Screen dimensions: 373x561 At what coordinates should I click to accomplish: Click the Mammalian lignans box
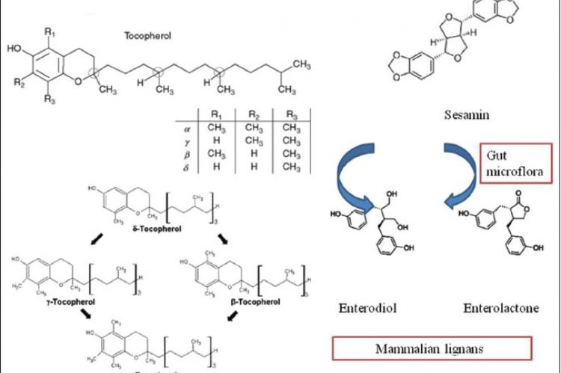[x=432, y=348]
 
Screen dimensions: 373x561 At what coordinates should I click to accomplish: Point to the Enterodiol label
[x=366, y=307]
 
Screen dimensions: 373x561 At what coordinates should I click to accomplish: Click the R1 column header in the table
[x=217, y=114]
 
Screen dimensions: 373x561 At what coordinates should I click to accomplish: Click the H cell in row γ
[x=217, y=141]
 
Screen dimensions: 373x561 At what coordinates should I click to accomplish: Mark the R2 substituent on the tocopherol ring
[x=19, y=83]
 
